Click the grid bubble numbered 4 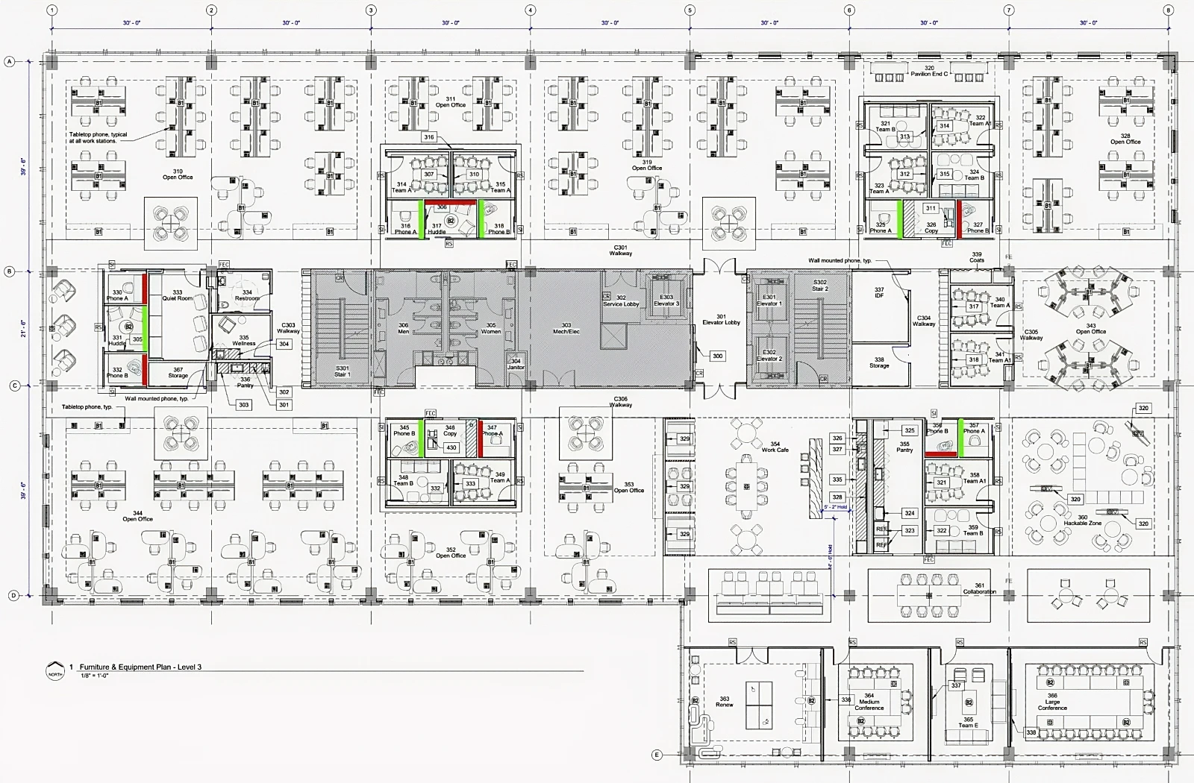click(531, 10)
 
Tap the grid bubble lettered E click(657, 755)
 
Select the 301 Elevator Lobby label click(721, 319)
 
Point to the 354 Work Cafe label click(775, 447)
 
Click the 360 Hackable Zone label click(1082, 520)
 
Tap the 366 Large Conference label click(1052, 701)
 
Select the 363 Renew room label click(724, 702)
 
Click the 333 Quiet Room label click(178, 295)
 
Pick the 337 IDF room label click(879, 292)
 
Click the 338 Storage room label click(879, 362)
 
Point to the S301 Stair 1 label click(342, 371)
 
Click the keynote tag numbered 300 click(717, 356)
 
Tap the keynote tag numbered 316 click(428, 136)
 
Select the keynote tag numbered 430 click(451, 447)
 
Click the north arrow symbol click(55, 670)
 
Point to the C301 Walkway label click(620, 250)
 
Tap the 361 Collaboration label click(979, 588)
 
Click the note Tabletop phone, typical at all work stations click(98, 137)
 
